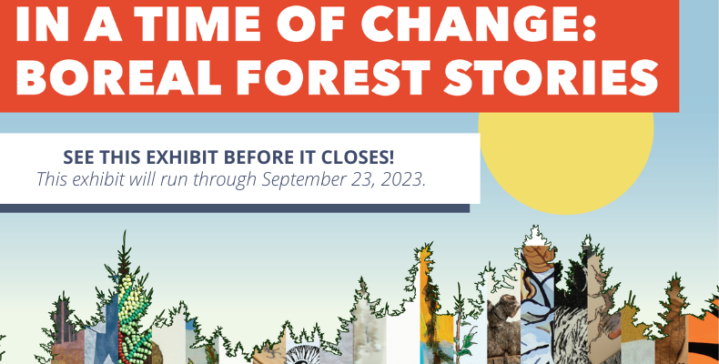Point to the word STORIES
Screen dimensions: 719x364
click(x=552, y=76)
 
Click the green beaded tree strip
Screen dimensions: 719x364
click(x=134, y=321)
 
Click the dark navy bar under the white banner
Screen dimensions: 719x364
click(x=235, y=208)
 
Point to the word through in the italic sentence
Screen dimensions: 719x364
click(x=225, y=179)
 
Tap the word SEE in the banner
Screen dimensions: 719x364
click(x=80, y=157)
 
